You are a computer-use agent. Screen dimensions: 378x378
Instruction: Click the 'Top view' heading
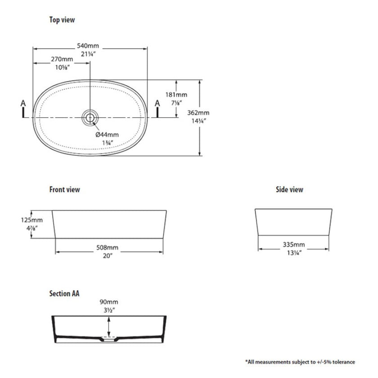(x=62, y=20)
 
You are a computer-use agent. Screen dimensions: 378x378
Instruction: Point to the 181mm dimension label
(x=176, y=95)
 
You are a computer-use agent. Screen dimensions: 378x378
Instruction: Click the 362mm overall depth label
(x=198, y=113)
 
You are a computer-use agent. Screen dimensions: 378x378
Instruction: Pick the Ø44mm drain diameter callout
(x=107, y=135)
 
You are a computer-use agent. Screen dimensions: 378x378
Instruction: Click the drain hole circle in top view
(x=90, y=117)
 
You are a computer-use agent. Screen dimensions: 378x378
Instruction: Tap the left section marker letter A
(x=24, y=104)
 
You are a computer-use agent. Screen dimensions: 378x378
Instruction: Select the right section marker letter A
(x=157, y=104)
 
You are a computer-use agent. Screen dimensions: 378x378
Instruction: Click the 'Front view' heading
(x=64, y=189)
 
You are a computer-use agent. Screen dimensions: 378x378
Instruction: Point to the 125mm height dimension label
(x=31, y=220)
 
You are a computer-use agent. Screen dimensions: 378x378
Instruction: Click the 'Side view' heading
(x=289, y=189)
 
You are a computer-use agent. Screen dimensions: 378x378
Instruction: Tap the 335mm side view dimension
(x=294, y=245)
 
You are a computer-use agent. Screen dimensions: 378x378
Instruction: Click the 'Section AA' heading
(x=64, y=293)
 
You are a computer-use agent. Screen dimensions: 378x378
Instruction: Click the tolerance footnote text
(x=300, y=362)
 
